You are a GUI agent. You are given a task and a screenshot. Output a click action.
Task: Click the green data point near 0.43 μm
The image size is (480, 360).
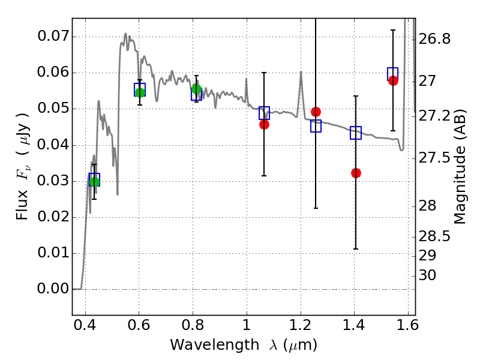click(94, 182)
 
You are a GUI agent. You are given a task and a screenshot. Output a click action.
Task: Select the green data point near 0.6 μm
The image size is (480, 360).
click(140, 92)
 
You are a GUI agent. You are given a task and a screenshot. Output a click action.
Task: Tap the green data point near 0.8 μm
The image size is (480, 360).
click(196, 89)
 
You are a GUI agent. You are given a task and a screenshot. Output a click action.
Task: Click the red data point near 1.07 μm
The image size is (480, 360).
click(264, 124)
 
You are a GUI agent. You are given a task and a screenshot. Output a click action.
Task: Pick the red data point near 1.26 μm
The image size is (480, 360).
click(316, 112)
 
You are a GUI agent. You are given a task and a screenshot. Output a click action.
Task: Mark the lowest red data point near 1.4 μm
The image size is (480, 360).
click(356, 173)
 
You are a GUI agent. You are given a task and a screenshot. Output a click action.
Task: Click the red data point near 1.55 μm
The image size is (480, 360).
click(393, 80)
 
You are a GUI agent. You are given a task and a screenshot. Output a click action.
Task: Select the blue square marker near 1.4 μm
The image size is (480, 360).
click(356, 133)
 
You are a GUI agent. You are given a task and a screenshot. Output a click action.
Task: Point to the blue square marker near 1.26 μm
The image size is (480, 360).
click(316, 126)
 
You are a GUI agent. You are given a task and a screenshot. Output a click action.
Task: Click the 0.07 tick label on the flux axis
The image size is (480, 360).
click(52, 37)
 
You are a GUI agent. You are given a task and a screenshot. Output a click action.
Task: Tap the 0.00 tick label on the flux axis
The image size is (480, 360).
click(52, 289)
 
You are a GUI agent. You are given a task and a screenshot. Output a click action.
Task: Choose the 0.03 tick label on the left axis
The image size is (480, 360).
click(52, 181)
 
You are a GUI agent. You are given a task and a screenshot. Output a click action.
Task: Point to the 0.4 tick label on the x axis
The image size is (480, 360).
click(85, 328)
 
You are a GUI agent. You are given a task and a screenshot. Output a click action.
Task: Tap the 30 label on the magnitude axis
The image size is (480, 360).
click(429, 276)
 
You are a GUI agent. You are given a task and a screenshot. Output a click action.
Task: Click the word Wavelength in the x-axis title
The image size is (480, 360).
click(203, 345)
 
